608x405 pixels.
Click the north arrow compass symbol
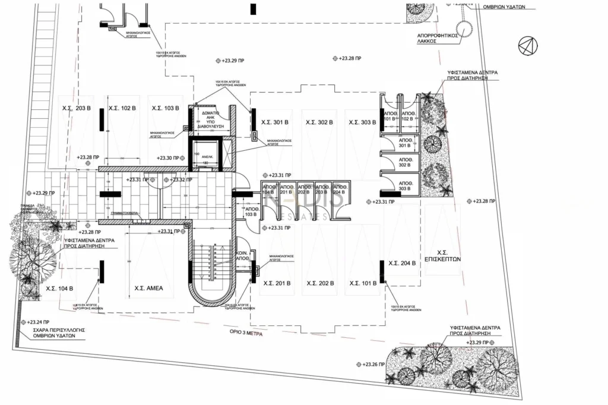pyautogui.click(x=526, y=45)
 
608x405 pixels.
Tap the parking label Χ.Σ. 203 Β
pyautogui.click(x=76, y=109)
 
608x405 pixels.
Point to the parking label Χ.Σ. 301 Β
pyautogui.click(x=275, y=122)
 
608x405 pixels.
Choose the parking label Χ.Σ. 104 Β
pyautogui.click(x=59, y=289)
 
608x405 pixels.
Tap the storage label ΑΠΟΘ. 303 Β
pyautogui.click(x=406, y=185)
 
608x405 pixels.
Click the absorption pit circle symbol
pyautogui.click(x=462, y=27)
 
